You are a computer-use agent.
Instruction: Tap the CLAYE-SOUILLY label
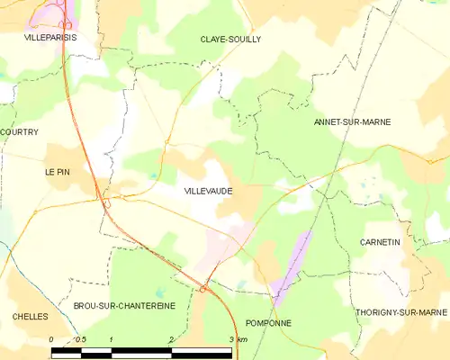230,39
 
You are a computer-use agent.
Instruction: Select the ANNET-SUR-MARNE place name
352,121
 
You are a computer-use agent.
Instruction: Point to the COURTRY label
19,132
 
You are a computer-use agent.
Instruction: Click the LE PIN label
57,170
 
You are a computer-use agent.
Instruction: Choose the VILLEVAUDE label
210,192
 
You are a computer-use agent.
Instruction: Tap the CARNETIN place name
379,243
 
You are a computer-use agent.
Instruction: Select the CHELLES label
29,317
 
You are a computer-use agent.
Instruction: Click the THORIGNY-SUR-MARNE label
400,312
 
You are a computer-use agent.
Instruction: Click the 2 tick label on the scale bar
170,339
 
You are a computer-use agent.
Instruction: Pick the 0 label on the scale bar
51,339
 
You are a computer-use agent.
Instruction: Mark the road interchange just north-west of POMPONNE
205,289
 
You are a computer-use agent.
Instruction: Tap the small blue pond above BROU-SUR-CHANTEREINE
160,292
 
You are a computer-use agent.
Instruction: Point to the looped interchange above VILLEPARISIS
65,24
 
